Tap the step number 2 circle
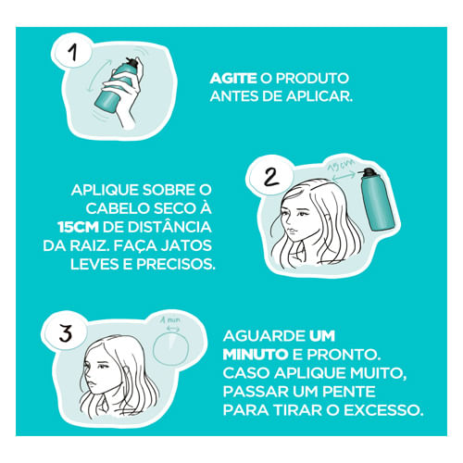pyautogui.click(x=270, y=178)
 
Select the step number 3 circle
pyautogui.click(x=66, y=333)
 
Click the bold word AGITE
pyautogui.click(x=233, y=79)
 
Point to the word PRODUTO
pyautogui.click(x=312, y=79)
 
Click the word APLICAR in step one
pyautogui.click(x=319, y=96)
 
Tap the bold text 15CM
pyautogui.click(x=78, y=227)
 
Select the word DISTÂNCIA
pyautogui.click(x=169, y=226)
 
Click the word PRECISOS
pyautogui.click(x=176, y=264)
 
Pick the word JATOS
pyautogui.click(x=186, y=245)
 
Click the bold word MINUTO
pyautogui.click(x=256, y=355)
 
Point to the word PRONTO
pyautogui.click(x=344, y=355)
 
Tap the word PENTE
pyautogui.click(x=349, y=392)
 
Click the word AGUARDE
pyautogui.click(x=264, y=336)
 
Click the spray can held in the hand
pyautogui.click(x=119, y=85)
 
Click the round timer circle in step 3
pyautogui.click(x=170, y=348)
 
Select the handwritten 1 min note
pyautogui.click(x=170, y=319)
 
